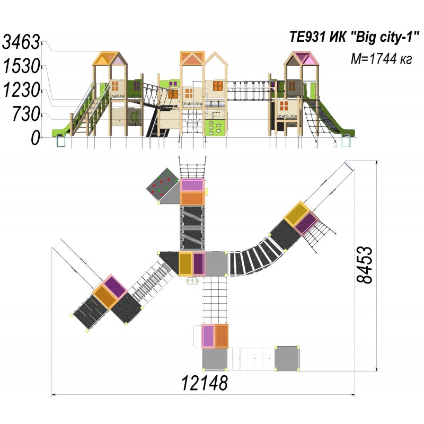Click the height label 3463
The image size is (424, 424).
(21, 42)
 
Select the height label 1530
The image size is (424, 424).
(22, 66)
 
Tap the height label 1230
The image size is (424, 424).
(22, 90)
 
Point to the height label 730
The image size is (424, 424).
(26, 114)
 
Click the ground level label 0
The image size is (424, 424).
(36, 138)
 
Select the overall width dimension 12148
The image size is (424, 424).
(205, 383)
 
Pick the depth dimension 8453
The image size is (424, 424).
(364, 265)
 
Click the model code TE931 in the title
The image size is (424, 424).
(307, 37)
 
